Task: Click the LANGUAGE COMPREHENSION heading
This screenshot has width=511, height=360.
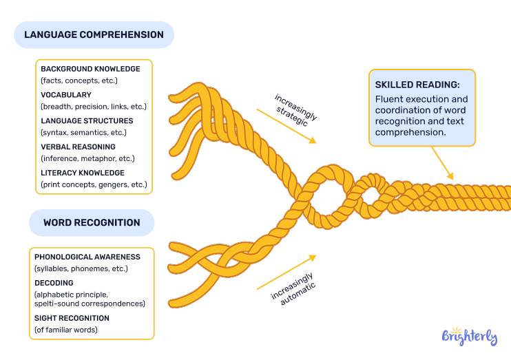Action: pyautogui.click(x=94, y=34)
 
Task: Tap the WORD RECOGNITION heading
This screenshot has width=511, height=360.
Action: pyautogui.click(x=92, y=223)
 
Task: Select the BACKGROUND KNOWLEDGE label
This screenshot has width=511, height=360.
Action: pyautogui.click(x=90, y=69)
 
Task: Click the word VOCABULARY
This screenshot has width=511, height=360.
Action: pyautogui.click(x=65, y=95)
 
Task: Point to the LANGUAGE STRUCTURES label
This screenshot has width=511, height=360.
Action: pyautogui.click(x=87, y=120)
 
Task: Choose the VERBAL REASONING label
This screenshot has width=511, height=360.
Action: pyautogui.click(x=78, y=147)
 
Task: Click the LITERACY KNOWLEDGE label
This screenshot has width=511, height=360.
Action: pyautogui.click(x=83, y=173)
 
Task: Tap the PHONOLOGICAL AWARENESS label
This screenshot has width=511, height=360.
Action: pyautogui.click(x=87, y=257)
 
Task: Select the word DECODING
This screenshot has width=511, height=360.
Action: pyautogui.click(x=54, y=283)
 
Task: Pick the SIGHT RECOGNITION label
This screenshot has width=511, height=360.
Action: pyautogui.click(x=72, y=318)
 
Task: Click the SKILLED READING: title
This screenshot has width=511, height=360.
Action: pyautogui.click(x=417, y=85)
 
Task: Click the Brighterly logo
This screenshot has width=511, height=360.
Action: pyautogui.click(x=469, y=337)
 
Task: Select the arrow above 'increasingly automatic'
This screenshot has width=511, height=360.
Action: pyautogui.click(x=286, y=273)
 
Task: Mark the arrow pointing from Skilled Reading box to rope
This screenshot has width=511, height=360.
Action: pyautogui.click(x=443, y=165)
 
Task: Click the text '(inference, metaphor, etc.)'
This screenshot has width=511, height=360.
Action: pyautogui.click(x=88, y=158)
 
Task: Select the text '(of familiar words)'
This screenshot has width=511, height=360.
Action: pyautogui.click(x=66, y=330)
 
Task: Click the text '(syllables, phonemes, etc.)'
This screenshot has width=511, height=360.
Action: pyautogui.click(x=81, y=268)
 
